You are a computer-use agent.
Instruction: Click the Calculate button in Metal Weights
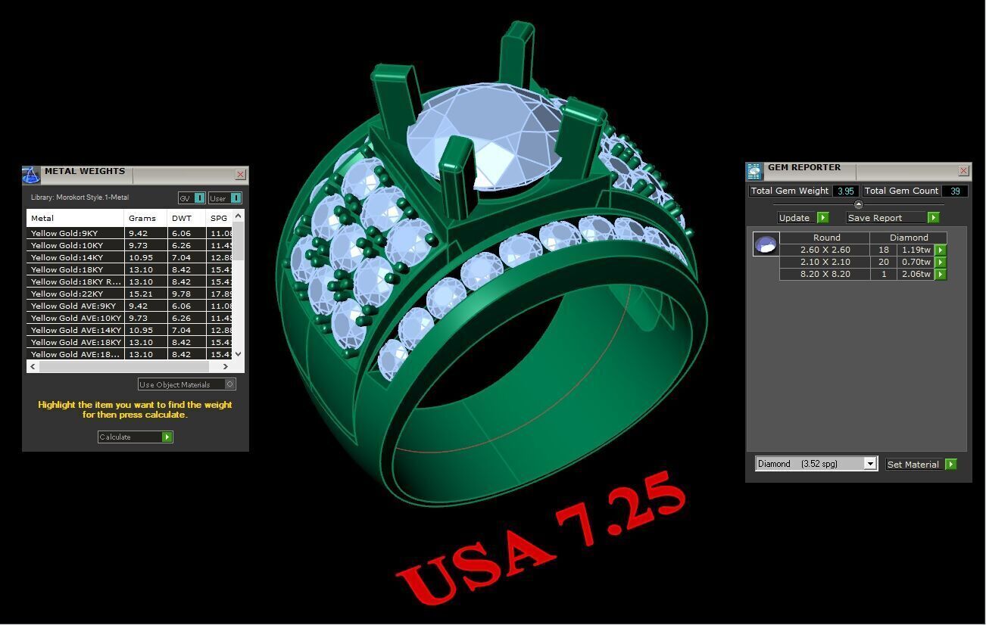135,437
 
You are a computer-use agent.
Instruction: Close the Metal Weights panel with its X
240,175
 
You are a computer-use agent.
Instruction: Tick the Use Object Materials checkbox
230,384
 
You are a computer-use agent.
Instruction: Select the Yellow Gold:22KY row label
67,294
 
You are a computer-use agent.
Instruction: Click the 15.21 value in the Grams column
141,294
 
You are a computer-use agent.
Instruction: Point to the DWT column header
182,218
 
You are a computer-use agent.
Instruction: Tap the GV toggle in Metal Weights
192,198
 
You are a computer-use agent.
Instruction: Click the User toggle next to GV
225,198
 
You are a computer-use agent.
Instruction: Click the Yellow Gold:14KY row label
67,257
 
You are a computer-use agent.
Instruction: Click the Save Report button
892,218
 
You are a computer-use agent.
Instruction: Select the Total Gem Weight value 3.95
845,191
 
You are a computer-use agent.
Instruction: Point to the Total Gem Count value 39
955,191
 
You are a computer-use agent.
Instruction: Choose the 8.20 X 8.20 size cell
825,274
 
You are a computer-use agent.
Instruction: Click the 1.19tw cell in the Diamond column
916,250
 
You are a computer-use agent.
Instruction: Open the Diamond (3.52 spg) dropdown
870,464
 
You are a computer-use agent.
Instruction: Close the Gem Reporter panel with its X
963,171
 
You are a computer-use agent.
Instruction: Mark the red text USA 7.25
542,537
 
